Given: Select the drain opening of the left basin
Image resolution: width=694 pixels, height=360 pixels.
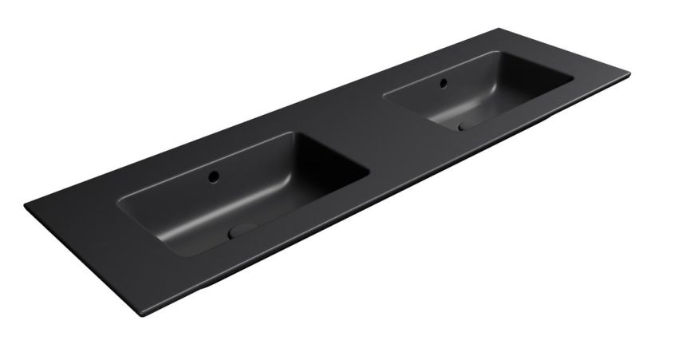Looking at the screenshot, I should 241,231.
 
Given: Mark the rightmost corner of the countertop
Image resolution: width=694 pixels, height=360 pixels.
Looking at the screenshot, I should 629,75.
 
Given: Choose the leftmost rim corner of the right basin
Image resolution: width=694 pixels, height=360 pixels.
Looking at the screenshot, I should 384,97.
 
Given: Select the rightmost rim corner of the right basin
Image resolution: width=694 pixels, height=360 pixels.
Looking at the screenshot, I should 574,79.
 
